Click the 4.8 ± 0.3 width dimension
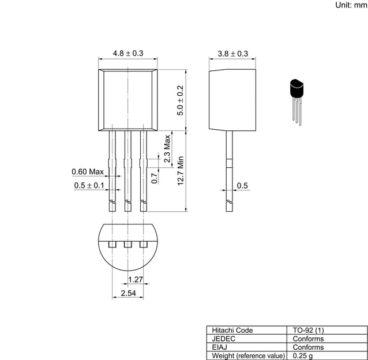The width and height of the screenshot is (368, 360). click(x=127, y=53)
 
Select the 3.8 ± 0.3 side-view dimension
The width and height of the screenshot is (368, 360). click(x=232, y=53)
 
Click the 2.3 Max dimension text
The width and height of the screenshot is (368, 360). click(x=167, y=149)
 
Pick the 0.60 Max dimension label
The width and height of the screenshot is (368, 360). click(x=88, y=171)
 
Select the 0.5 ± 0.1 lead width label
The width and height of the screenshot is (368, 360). click(x=89, y=185)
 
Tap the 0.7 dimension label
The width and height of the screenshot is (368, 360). click(x=154, y=178)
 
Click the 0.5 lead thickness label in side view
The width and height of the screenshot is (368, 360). click(x=242, y=185)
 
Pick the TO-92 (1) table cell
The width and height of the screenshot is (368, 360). click(x=309, y=331)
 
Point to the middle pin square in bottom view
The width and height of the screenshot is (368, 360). click(x=127, y=245)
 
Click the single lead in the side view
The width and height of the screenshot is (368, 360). click(x=229, y=167)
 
